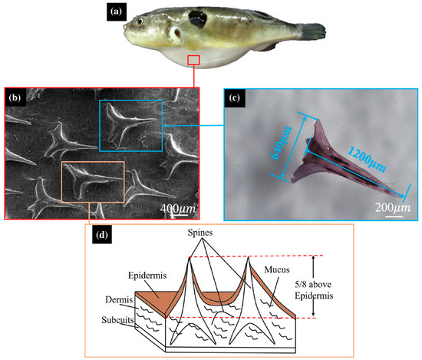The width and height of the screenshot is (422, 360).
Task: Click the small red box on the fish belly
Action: tap(194, 60)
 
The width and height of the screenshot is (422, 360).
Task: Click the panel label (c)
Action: tap(235, 98)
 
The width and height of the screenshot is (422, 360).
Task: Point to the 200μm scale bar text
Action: tap(394, 208)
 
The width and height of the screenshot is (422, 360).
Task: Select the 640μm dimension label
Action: tap(280, 153)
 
